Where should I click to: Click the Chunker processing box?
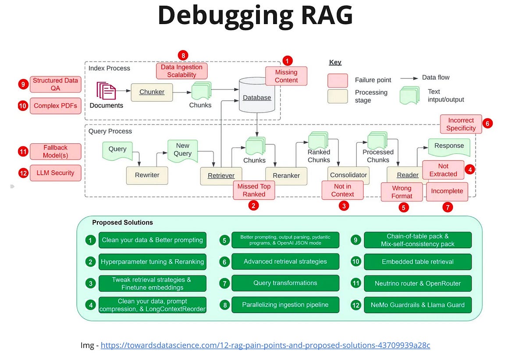coord(152,92)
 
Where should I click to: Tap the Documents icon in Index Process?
coord(106,91)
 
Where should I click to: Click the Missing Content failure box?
coord(286,76)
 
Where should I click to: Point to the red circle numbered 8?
coord(183,55)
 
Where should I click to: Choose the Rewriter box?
coord(147,175)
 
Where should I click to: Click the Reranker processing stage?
coord(286,175)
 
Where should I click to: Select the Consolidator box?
coord(348,175)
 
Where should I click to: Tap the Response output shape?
coord(449,147)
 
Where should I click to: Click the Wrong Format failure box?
coord(402,192)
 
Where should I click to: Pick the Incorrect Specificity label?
coord(461,124)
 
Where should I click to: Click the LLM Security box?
coord(55,173)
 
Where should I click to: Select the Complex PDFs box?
coord(55,106)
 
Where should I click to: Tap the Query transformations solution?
coord(285,283)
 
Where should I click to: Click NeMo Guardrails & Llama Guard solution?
coord(418,305)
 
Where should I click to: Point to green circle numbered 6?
coord(224,262)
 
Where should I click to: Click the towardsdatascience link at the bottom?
coord(265,345)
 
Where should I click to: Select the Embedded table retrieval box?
coord(418,262)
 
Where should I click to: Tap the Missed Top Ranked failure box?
coord(254,190)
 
